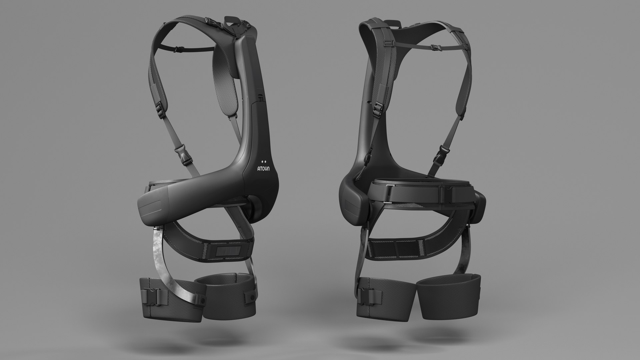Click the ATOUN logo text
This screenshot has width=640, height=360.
click(x=263, y=168)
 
